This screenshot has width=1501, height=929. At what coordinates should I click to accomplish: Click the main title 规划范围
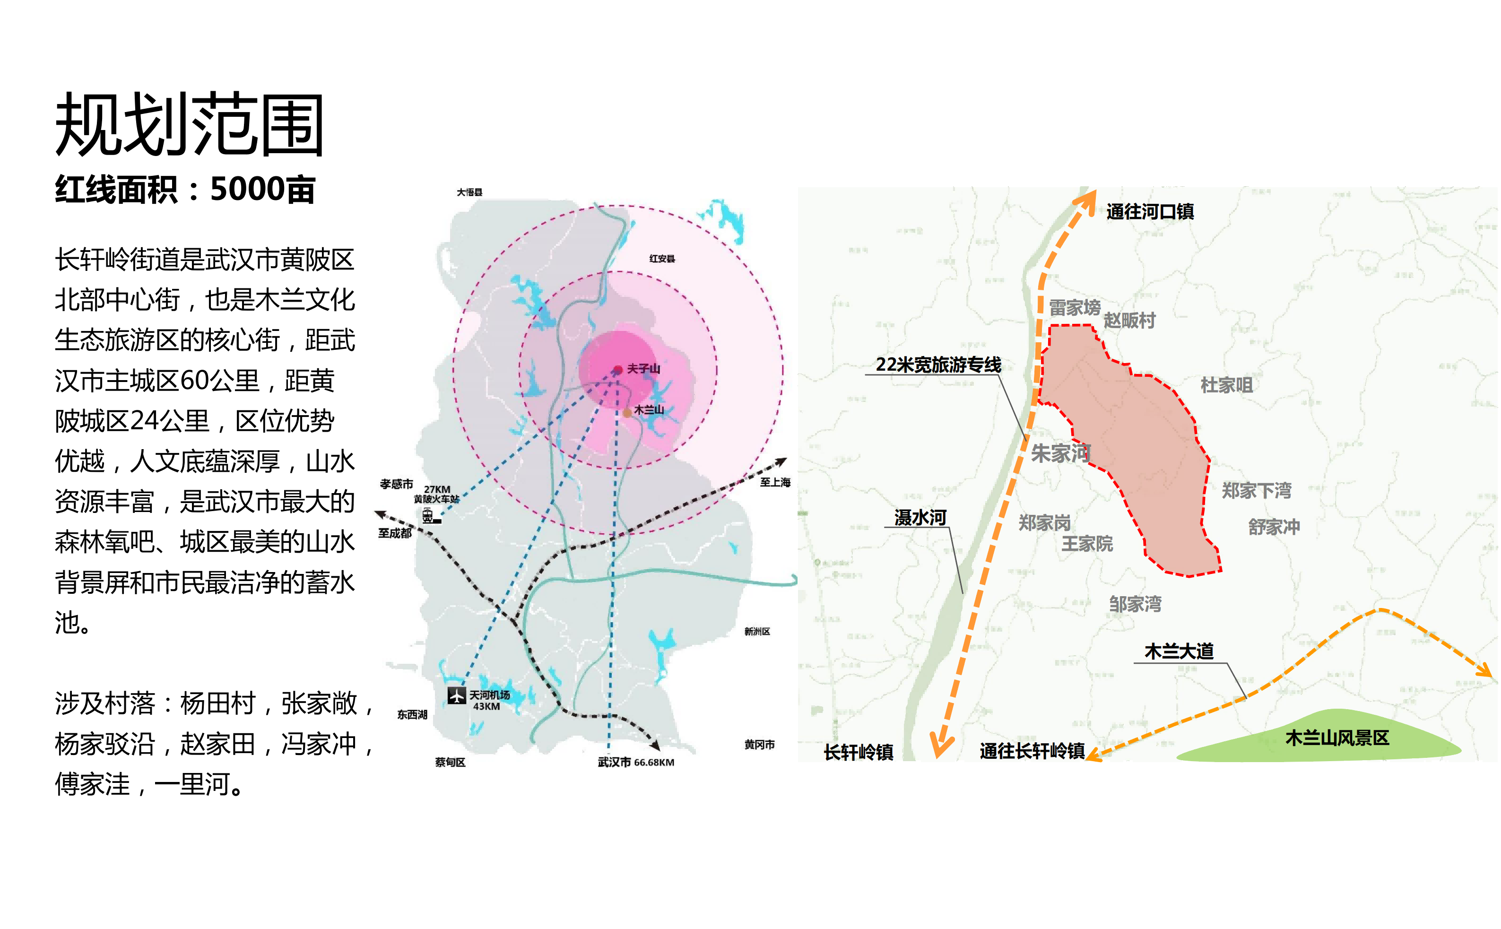pos(189,124)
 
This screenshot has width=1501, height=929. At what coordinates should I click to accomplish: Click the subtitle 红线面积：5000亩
pos(185,189)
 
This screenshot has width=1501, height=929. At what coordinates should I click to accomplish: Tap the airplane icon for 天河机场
pos(456,695)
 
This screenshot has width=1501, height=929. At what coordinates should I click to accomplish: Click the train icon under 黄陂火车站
pos(428,516)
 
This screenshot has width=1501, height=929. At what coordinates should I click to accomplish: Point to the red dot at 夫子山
pos(618,369)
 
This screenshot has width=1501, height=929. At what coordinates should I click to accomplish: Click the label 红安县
pos(662,259)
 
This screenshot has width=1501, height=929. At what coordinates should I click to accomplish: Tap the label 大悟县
pos(469,192)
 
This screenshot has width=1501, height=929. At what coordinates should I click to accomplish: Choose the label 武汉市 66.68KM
pos(635,763)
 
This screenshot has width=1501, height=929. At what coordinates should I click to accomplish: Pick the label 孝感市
pos(396,484)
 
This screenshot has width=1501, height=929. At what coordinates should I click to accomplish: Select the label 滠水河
pos(920,517)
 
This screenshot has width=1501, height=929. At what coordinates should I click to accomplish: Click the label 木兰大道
pos(1179,651)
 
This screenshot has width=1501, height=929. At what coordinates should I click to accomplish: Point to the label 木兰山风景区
pos(1336,738)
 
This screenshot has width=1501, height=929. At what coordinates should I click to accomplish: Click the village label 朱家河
pos(1060,453)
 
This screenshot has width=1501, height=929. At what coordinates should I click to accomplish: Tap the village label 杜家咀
pos(1226,385)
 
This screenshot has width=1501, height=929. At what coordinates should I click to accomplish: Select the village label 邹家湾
pos(1135,604)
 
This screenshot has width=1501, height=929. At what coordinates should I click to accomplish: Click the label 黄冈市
pos(759,745)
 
